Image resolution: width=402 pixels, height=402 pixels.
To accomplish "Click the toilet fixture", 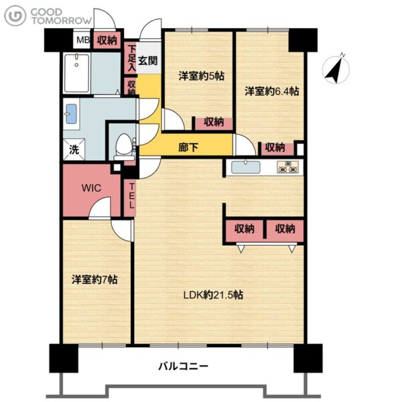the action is tap(124, 147).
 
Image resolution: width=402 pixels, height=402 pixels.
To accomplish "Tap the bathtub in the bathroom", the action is tap(76, 73).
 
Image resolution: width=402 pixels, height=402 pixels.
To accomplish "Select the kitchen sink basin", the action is tap(246, 167).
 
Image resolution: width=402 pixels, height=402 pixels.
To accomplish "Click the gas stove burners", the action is tap(287, 167).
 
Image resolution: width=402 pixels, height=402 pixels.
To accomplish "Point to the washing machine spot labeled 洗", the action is tap(74, 149).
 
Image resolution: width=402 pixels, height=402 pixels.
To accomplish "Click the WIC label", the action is tap(91, 188).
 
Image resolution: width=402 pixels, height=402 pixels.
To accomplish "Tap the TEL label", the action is tap(131, 196).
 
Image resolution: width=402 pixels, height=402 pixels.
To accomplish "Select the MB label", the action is tap(83, 40).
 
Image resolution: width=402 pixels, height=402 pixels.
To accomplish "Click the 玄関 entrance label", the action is tap(148, 60).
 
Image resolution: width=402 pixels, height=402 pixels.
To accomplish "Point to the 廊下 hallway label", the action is tap(188, 147).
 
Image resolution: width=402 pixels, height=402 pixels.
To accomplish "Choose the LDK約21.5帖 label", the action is tap(213, 295).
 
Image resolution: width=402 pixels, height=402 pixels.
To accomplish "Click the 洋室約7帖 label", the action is tap(95, 279).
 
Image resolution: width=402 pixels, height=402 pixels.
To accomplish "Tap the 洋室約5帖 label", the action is tap(202, 76).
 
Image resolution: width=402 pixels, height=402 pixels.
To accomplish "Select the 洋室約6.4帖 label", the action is tap(272, 91).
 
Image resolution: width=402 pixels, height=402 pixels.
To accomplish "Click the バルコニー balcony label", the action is tap(184, 366).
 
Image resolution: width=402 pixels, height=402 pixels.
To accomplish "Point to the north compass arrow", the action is tap(336, 69).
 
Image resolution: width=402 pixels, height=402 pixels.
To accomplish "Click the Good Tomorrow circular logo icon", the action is tap(15, 16).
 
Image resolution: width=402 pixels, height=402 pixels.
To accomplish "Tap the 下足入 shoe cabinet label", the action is tap(132, 58).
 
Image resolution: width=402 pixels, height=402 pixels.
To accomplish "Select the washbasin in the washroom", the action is tap(71, 114).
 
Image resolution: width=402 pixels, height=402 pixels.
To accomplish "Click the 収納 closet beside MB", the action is tap(107, 40).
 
